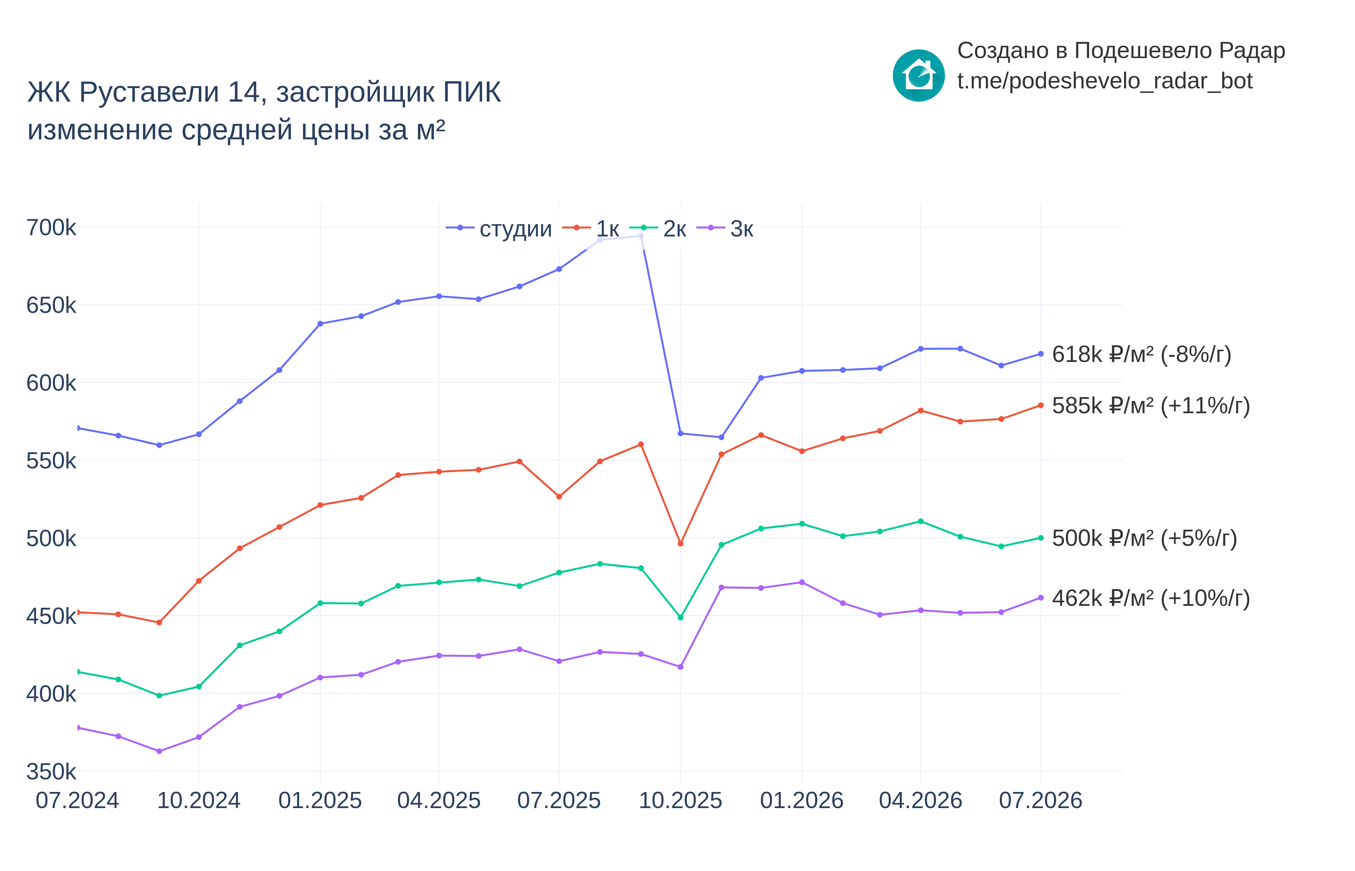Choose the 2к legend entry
click(x=658, y=228)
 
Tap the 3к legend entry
click(x=725, y=228)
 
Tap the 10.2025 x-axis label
click(x=680, y=800)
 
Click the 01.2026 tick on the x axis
click(x=801, y=800)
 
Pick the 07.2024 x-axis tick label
click(x=77, y=800)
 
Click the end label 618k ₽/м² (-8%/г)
click(x=1141, y=355)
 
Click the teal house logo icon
click(x=918, y=75)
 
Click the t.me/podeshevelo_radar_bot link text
click(x=1104, y=81)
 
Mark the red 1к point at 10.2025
click(x=680, y=544)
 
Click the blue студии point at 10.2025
click(x=680, y=433)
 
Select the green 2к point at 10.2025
click(x=680, y=618)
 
